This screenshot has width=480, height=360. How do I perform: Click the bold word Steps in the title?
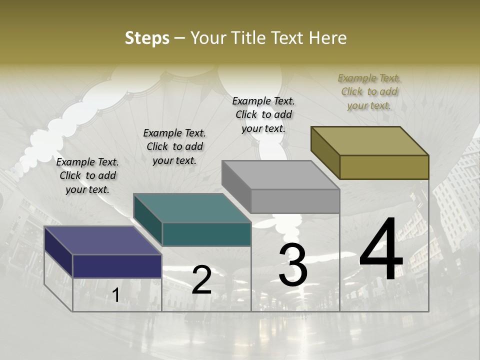tap(147, 38)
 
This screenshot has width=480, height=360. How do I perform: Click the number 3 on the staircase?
tap(293, 265)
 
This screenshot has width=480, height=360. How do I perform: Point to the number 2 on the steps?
tap(201, 280)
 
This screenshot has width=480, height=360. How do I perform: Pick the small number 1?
tap(115, 295)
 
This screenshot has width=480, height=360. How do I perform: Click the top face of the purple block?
tap(102, 240)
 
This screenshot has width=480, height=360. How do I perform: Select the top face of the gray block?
tap(280, 175)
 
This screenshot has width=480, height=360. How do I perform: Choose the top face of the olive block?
tap(369, 141)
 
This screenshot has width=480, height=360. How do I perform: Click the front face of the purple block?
tap(117, 266)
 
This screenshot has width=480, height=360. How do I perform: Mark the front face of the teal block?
tap(206, 234)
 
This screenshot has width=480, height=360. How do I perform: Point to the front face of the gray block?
tap(295, 201)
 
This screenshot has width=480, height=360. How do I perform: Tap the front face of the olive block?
tap(384, 167)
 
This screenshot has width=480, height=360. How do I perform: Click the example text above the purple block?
tap(87, 175)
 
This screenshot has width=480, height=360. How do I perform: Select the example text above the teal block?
tap(174, 146)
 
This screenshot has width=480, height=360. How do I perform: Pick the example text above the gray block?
tap(263, 114)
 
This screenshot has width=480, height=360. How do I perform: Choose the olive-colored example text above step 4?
tap(369, 91)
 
